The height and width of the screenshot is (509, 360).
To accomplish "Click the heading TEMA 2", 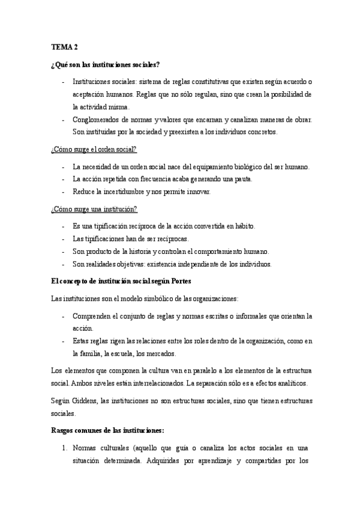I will (62, 47).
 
